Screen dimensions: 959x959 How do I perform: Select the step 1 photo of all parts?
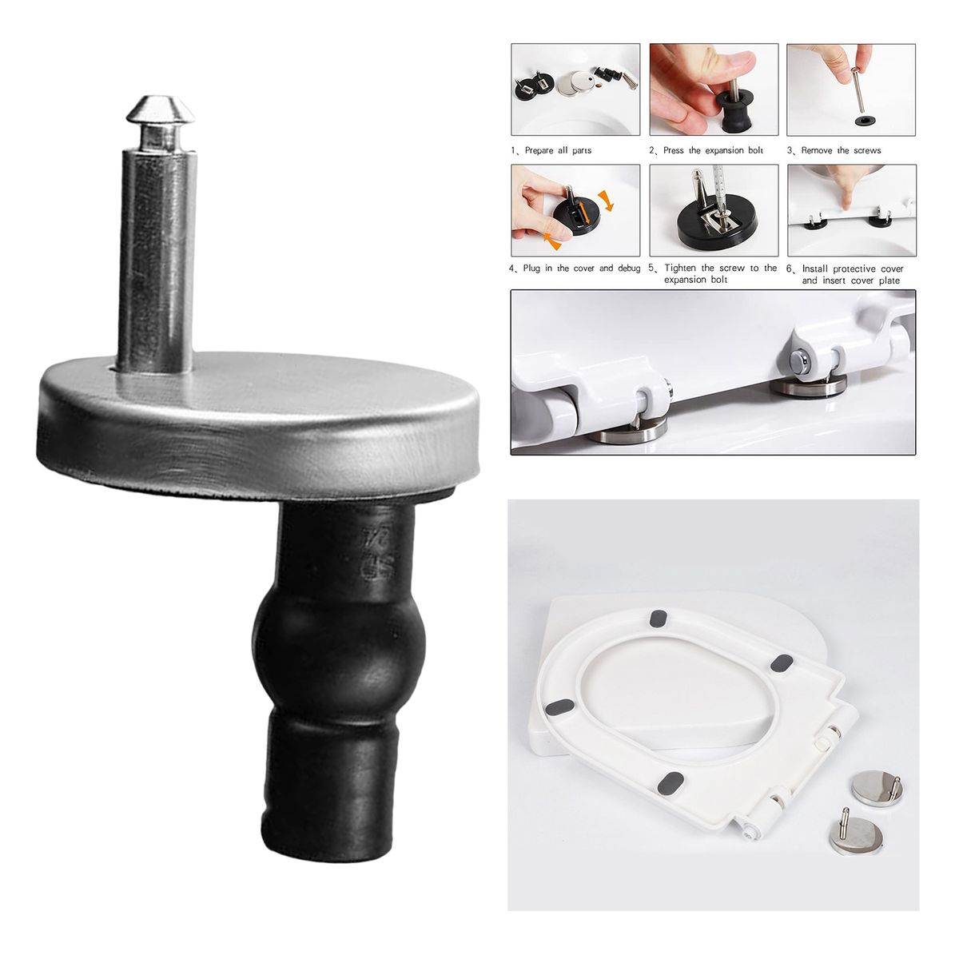pos(575,89)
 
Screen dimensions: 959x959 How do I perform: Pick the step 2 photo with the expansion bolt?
pos(714,89)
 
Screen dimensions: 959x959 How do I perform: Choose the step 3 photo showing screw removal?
pos(851,89)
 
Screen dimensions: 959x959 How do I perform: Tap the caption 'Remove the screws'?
pos(841,150)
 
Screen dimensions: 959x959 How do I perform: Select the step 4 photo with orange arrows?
pos(575,210)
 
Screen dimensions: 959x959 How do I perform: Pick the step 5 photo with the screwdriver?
pos(714,210)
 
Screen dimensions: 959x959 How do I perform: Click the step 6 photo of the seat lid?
pos(851,210)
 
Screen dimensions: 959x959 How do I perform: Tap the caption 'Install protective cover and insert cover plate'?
pos(852,275)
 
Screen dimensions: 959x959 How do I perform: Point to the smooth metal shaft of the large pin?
pos(156,256)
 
